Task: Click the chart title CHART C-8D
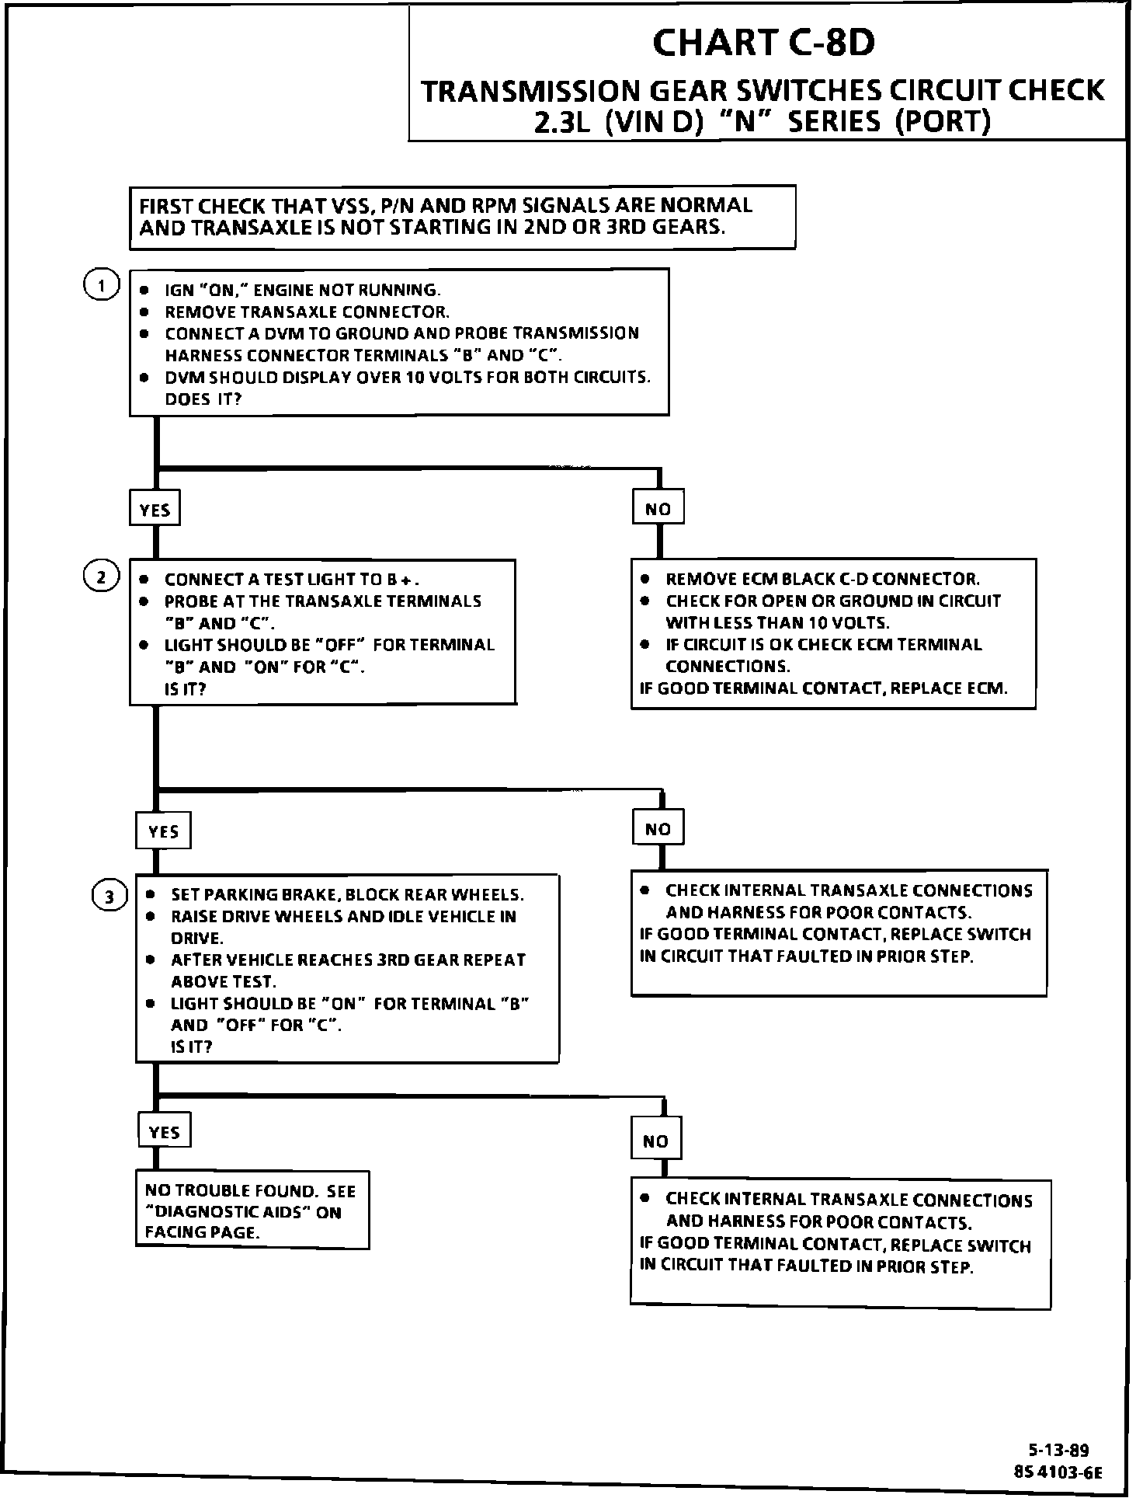pyautogui.click(x=763, y=44)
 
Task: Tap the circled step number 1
pyautogui.click(x=101, y=285)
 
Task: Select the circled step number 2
pyautogui.click(x=101, y=577)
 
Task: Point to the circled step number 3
pyautogui.click(x=109, y=897)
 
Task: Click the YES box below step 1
pyautogui.click(x=155, y=510)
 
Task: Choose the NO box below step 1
pyautogui.click(x=658, y=509)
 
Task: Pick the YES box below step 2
pyautogui.click(x=163, y=831)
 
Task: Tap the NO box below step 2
pyautogui.click(x=658, y=829)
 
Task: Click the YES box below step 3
pyautogui.click(x=164, y=1132)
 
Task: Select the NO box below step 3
pyautogui.click(x=655, y=1141)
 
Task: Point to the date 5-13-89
pyautogui.click(x=1058, y=1450)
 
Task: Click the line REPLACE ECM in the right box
pyautogui.click(x=823, y=688)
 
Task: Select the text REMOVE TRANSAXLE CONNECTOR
pyautogui.click(x=307, y=312)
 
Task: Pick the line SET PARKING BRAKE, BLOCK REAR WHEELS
pyautogui.click(x=347, y=894)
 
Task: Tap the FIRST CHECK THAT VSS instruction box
pyautogui.click(x=462, y=217)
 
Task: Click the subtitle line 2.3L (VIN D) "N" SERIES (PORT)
pyautogui.click(x=763, y=122)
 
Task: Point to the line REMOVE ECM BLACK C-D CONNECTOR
pyautogui.click(x=822, y=580)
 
